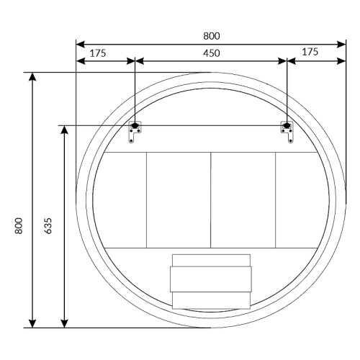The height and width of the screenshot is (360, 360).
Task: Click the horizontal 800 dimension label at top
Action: tap(212, 36)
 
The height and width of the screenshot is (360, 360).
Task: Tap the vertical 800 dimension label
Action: tap(19, 225)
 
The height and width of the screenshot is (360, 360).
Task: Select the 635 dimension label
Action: tap(48, 225)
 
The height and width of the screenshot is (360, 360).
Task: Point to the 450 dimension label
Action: tap(212, 53)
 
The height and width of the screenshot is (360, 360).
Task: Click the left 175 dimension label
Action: tap(98, 53)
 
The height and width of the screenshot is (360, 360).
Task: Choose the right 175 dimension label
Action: tap(310, 52)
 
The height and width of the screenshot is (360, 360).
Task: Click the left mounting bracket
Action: tap(135, 132)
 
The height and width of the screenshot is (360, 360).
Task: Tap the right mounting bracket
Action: tap(287, 132)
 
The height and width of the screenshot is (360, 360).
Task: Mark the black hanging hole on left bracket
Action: tap(135, 125)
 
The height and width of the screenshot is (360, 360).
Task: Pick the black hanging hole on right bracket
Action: tap(287, 125)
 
